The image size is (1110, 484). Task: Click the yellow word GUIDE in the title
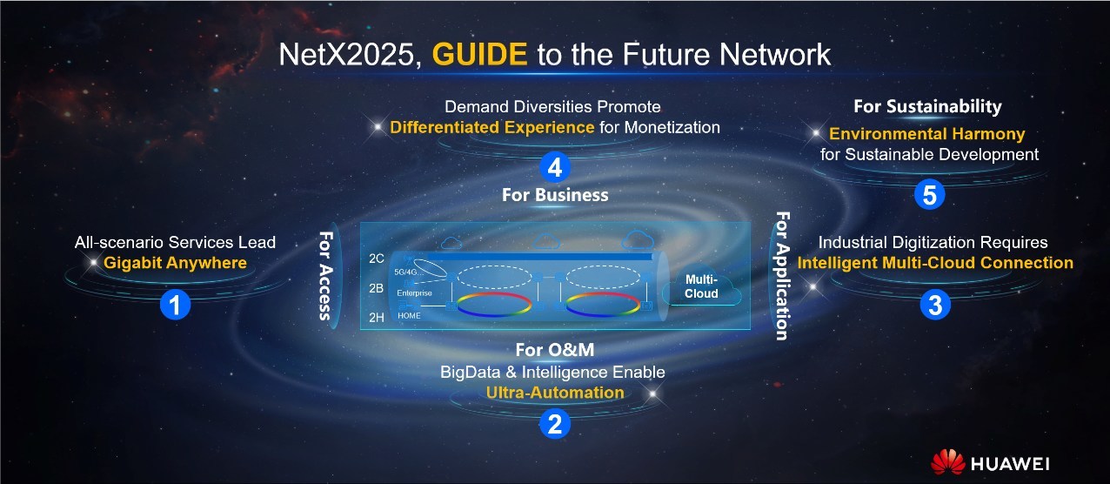479,54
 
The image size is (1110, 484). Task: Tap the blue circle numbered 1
176,305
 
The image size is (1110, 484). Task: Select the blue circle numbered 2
555,424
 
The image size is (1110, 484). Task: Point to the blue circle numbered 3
935,305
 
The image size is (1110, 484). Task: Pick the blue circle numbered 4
555,167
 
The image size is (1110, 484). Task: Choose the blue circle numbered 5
930,194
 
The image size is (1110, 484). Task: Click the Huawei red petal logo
947,462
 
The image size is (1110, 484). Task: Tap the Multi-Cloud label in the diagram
701,286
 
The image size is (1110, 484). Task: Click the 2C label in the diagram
377,259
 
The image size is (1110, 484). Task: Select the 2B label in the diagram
377,288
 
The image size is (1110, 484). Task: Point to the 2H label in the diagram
377,318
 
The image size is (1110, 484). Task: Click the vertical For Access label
325,276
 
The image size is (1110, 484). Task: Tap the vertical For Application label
782,276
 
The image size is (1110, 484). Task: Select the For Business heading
555,195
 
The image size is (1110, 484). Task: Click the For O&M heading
555,350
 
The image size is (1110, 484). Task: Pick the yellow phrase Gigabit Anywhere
175,263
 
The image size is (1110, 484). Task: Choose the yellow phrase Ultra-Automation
555,393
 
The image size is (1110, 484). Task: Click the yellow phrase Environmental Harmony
927,134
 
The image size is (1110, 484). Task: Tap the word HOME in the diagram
409,315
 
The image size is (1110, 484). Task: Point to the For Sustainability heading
927,106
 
